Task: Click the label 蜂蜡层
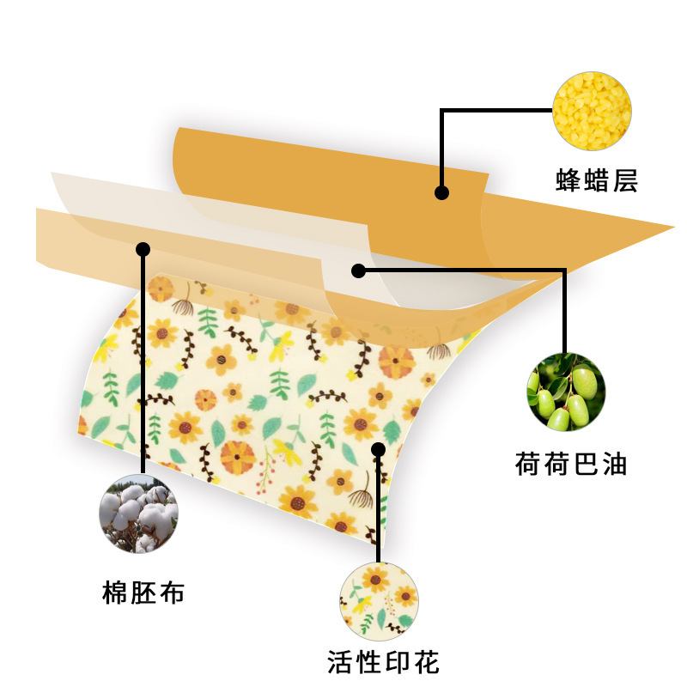pos(597,180)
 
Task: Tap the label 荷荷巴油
pos(571,465)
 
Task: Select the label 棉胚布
pos(143,592)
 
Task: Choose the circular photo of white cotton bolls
pos(141,514)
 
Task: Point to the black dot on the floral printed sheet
pos(378,448)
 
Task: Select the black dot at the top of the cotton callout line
pos(143,249)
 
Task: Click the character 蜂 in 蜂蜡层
pos(568,180)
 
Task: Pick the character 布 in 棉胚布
pos(172,592)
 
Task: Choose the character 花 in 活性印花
pos(426,662)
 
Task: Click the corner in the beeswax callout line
pos(441,110)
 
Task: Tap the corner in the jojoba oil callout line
pos(565,271)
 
